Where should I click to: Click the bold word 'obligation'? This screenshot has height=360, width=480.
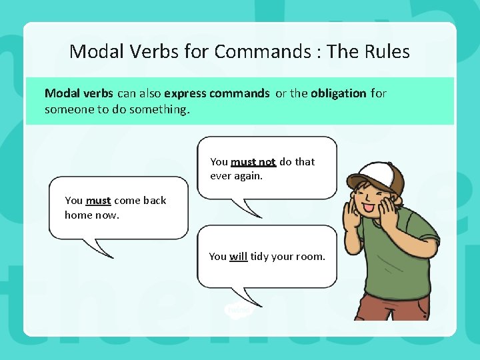[x=338, y=93]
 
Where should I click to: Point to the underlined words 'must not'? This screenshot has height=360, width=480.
[x=253, y=162]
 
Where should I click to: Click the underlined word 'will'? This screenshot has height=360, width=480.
[x=238, y=256]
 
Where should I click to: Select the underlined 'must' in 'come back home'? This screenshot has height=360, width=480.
[x=98, y=201]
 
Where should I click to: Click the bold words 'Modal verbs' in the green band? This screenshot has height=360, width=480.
[x=79, y=93]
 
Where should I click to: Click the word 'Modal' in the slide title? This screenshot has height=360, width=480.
[x=92, y=51]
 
